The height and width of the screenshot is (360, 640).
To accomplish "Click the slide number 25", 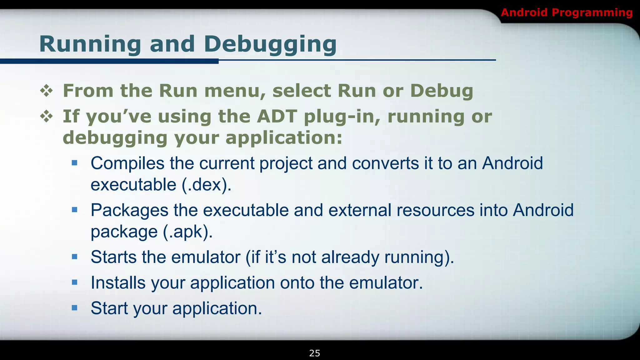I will pos(314,353).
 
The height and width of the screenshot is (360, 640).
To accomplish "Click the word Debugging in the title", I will pos(270,44).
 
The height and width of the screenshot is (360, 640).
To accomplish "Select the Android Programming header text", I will pos(567,12).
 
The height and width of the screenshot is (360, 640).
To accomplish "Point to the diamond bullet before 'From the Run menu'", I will pos(47,91).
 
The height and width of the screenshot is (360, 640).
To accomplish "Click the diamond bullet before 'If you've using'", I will pos(47,117).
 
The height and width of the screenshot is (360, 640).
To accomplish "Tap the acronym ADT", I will pos(277,117).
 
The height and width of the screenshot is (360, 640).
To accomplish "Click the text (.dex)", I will pos(207,185).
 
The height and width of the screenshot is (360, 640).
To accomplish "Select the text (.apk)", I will pos(187,232).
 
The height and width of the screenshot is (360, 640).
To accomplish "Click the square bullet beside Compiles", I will pos(74,163).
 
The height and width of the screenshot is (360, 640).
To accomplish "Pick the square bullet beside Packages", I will pos(74,210).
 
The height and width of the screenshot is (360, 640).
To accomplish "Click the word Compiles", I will pos(127,163).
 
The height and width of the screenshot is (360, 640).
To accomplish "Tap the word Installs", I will pos(118,282).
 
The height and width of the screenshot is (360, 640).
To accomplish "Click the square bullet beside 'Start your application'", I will pos(74,308).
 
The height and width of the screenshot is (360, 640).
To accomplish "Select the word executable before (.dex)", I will pos(133,185).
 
